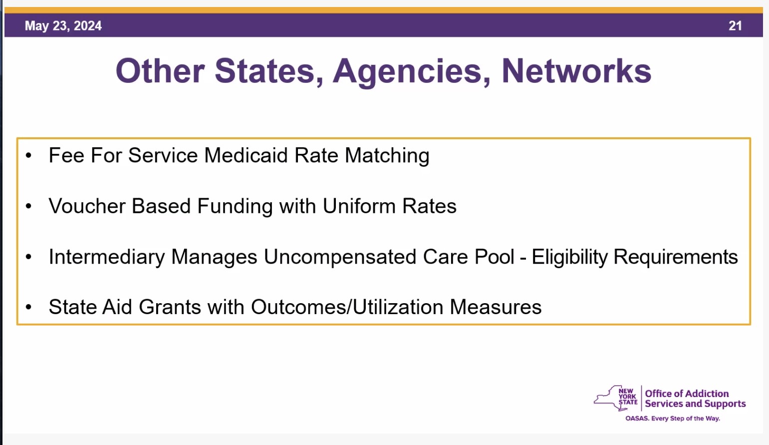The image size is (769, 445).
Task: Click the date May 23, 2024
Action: (63, 26)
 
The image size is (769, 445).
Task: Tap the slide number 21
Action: (735, 26)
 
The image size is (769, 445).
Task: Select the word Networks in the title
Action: (576, 71)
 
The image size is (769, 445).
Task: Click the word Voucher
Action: (87, 206)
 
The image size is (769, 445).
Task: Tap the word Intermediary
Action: (107, 257)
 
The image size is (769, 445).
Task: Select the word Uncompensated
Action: (340, 257)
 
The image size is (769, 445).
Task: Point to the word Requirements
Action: (675, 257)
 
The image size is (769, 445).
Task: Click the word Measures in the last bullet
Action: (496, 307)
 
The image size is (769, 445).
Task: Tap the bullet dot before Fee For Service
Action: (28, 156)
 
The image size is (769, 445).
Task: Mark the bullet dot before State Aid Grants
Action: (28, 307)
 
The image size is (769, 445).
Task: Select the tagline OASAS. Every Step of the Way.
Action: (673, 418)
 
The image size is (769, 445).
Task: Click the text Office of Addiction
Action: (687, 394)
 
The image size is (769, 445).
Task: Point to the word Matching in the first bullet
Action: (387, 156)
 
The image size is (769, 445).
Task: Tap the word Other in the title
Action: (160, 71)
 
